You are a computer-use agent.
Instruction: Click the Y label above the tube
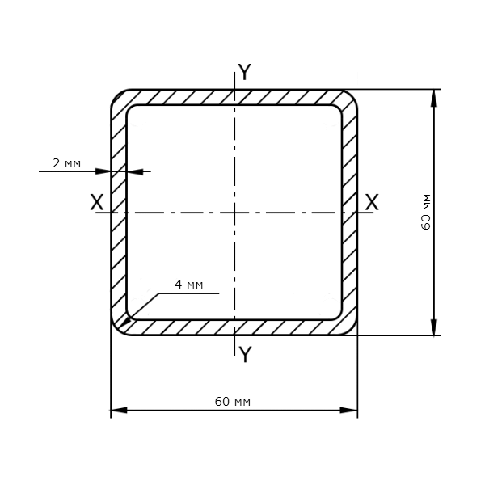pos(245,72)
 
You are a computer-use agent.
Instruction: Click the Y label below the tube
pos(245,355)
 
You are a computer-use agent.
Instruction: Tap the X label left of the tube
pos(97,202)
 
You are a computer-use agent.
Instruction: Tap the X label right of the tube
pos(372,202)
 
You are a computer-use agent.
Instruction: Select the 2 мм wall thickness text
pos(67,163)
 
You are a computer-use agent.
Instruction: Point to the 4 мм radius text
pos(188,285)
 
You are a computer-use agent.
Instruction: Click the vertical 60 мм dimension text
pos(426,212)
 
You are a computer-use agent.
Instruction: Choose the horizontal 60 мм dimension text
pos(233,402)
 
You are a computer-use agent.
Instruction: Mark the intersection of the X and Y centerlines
pos(234,213)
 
